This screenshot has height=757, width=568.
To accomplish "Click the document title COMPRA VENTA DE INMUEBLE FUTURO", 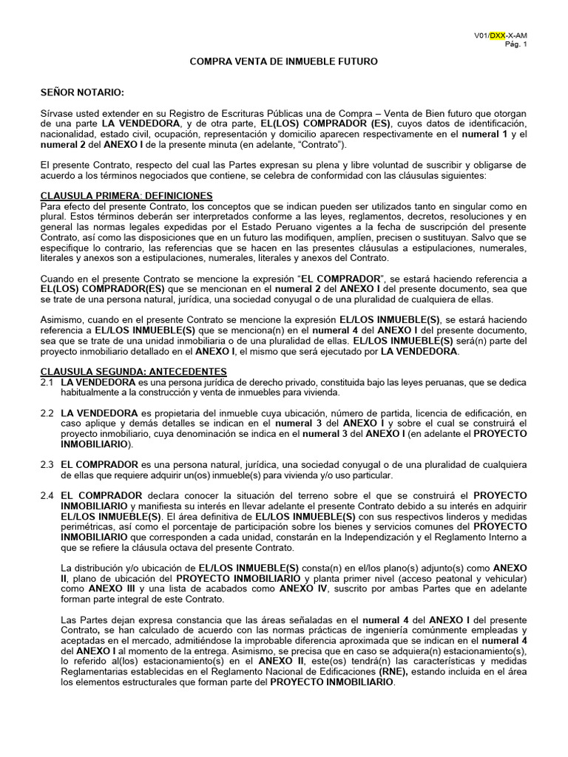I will click(x=284, y=61).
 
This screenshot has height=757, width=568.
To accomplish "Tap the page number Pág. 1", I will click(x=516, y=44).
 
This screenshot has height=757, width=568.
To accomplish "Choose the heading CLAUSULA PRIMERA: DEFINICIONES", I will click(x=126, y=195).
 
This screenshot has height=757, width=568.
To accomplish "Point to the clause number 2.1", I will click(x=47, y=382).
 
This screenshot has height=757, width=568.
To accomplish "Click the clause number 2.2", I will click(x=47, y=412).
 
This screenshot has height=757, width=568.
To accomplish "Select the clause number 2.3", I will click(x=47, y=464).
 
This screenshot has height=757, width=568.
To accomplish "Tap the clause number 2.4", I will click(x=47, y=495).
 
